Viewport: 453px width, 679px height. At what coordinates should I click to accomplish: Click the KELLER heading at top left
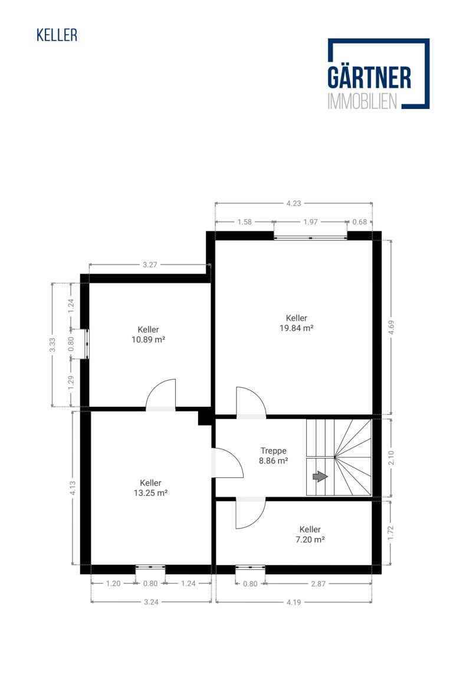tap(57, 35)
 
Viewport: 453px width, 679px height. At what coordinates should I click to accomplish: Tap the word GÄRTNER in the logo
tap(369, 78)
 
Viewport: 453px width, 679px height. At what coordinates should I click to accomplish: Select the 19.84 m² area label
tap(297, 328)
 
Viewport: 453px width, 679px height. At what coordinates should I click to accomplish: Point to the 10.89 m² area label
tap(148, 340)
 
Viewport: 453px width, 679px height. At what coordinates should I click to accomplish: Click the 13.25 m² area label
tap(150, 493)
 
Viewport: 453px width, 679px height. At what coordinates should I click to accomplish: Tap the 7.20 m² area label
tap(310, 539)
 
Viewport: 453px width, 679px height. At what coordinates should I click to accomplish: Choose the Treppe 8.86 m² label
tap(274, 456)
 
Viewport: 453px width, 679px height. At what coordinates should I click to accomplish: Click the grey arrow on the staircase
tap(320, 477)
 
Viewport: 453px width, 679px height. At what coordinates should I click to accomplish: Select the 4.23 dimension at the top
tap(294, 203)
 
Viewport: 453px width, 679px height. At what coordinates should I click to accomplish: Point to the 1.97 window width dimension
tap(310, 222)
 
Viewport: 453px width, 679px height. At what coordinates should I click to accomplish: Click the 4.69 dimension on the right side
tap(391, 327)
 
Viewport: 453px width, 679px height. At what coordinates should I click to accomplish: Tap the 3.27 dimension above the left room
tap(150, 265)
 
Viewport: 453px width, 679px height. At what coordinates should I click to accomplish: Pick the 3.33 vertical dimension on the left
tap(52, 345)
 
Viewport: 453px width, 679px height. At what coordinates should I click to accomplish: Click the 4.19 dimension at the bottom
tap(294, 602)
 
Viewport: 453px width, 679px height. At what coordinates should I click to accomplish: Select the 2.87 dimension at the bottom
tap(318, 584)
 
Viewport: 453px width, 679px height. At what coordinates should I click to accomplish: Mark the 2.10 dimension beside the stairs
tap(391, 458)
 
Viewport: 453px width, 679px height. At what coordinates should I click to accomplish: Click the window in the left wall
tap(87, 344)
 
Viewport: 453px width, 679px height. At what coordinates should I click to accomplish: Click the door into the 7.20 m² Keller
tap(251, 513)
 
